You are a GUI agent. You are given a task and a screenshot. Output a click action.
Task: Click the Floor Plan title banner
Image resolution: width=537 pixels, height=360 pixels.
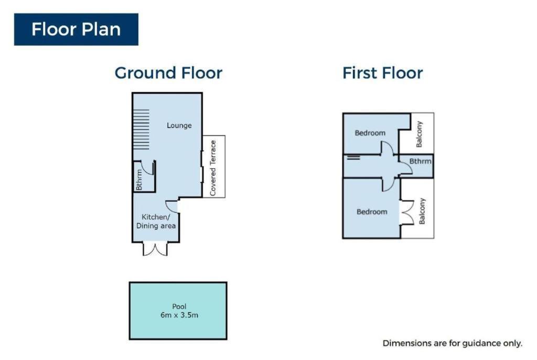pos(76,29)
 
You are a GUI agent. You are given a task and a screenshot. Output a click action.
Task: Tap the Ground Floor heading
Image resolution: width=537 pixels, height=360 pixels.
pos(168,73)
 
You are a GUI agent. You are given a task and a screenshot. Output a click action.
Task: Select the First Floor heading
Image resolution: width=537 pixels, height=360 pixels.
pos(382,73)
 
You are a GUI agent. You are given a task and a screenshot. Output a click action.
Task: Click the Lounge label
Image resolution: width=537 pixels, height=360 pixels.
pos(179,126)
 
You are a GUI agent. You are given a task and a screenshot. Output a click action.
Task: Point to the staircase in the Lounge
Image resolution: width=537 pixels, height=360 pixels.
pos(141,129)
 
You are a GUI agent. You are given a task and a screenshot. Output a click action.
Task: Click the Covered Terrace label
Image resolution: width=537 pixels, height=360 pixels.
pos(213,168)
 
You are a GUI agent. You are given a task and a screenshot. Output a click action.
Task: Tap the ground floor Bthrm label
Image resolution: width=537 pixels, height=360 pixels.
pos(138,180)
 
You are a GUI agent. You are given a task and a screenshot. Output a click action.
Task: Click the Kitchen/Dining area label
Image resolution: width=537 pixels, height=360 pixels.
pos(156,222)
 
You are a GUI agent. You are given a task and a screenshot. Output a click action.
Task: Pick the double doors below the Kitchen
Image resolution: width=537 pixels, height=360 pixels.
pos(155,249)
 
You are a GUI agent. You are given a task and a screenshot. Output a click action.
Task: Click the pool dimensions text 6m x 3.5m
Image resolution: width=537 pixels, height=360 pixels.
pos(179,315)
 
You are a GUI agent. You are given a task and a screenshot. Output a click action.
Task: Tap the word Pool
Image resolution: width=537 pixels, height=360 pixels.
pos(179,307)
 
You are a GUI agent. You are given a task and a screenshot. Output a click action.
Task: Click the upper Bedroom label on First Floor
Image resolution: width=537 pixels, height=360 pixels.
pos(370,133)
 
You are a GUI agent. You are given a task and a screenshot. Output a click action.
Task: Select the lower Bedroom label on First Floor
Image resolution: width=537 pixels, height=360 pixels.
pos(372,212)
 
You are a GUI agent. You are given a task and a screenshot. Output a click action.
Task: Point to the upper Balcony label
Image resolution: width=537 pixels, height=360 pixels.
pos(419,134)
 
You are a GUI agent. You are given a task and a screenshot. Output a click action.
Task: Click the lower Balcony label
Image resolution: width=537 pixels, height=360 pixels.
pos(422,211)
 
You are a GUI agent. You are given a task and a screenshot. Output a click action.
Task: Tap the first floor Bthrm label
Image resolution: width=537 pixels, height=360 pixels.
pos(420,161)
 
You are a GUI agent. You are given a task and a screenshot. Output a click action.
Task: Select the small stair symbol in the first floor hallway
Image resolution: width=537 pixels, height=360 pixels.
pos(353,157)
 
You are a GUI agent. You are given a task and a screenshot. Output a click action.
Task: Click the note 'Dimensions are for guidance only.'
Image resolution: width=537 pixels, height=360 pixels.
pos(453,343)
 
